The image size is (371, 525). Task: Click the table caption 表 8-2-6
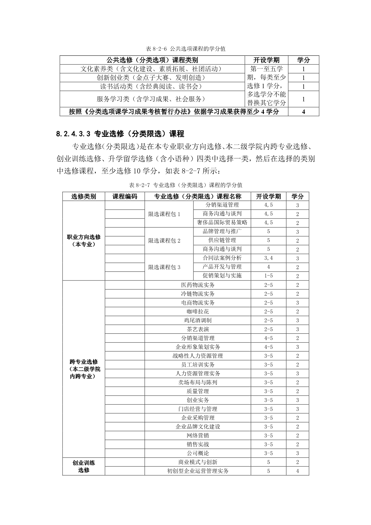tap(185, 49)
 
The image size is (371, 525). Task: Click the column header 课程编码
tap(125, 196)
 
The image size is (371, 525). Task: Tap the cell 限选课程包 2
tap(164, 241)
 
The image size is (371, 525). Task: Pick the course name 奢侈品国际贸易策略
tap(222, 222)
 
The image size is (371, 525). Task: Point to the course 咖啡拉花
tap(198, 312)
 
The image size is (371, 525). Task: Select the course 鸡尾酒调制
tap(198, 320)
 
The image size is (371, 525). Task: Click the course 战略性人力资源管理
tap(198, 356)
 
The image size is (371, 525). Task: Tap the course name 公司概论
tap(198, 453)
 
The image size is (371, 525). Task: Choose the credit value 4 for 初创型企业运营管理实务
tap(297, 471)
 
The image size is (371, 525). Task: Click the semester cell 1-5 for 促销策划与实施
tap(268, 276)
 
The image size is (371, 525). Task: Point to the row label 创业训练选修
tap(84, 466)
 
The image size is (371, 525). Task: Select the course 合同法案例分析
tap(222, 258)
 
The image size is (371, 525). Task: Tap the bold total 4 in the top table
tap(303, 112)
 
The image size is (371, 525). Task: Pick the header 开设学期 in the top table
tap(266, 60)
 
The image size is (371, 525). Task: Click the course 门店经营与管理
tap(198, 409)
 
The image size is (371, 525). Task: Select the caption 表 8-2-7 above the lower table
tap(185, 185)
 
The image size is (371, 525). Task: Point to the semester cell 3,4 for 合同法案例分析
tap(268, 258)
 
